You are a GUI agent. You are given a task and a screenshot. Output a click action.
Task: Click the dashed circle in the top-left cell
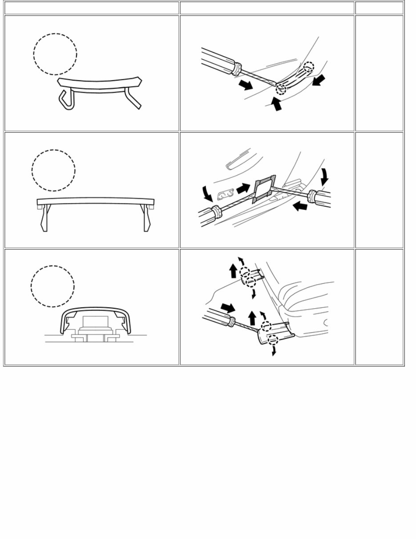pos(55,54)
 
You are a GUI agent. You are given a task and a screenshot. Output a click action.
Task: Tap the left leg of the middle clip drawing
pos(43,218)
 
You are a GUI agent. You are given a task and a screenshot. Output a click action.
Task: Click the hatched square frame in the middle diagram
pos(263,189)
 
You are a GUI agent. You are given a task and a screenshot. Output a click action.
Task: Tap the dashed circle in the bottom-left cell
pos(53,286)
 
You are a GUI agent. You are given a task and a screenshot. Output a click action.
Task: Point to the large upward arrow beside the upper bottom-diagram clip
pos(233,271)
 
